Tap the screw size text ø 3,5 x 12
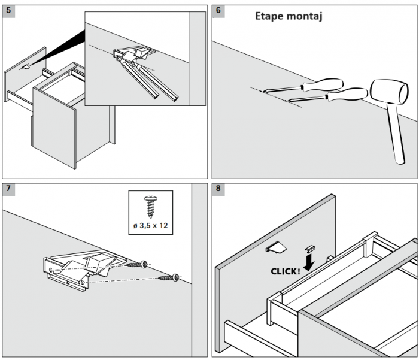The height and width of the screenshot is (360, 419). [x=150, y=226]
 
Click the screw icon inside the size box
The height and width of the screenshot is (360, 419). [x=150, y=207]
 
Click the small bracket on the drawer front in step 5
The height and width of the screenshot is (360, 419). [x=26, y=67]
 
